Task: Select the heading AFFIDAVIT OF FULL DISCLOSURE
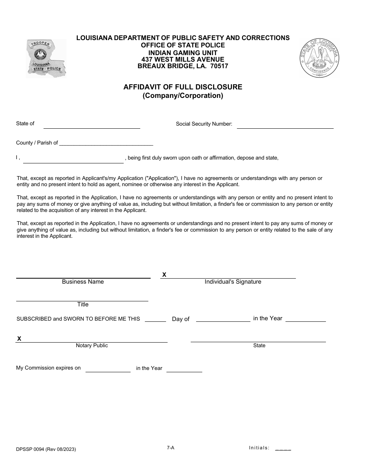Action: click(183, 87)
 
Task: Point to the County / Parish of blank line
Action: click(106, 143)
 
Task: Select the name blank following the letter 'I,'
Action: click(73, 160)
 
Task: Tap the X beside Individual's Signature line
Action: click(164, 275)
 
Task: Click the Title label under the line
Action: click(83, 304)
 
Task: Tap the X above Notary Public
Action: click(19, 339)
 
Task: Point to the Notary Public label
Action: click(92, 346)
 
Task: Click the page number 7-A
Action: click(171, 447)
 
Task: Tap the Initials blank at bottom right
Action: click(283, 448)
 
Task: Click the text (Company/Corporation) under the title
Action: click(183, 96)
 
